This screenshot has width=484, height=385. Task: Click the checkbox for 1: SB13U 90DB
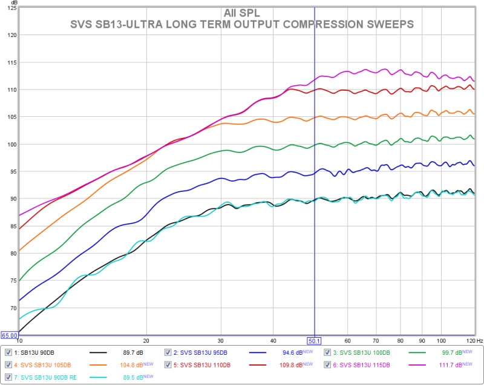8,352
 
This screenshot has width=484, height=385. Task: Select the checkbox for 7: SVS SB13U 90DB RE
8,377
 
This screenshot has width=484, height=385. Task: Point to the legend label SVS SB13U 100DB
362,352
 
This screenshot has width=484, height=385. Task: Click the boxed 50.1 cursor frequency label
315,341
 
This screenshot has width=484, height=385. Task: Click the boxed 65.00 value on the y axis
8,335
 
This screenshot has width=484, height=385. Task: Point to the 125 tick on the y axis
11,8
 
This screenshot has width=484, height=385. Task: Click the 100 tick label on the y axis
11,145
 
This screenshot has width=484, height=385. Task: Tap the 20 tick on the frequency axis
146,341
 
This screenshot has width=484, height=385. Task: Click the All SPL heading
242,13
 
